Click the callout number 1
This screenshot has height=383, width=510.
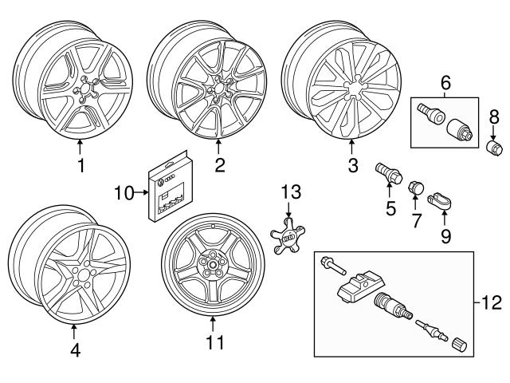point(80,166)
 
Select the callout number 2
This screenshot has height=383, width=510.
point(219,166)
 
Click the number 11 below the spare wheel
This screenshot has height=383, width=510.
point(213,343)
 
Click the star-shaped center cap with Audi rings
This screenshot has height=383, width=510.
point(288,238)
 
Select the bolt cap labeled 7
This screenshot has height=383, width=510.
point(414,189)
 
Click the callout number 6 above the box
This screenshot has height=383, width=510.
point(446,81)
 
